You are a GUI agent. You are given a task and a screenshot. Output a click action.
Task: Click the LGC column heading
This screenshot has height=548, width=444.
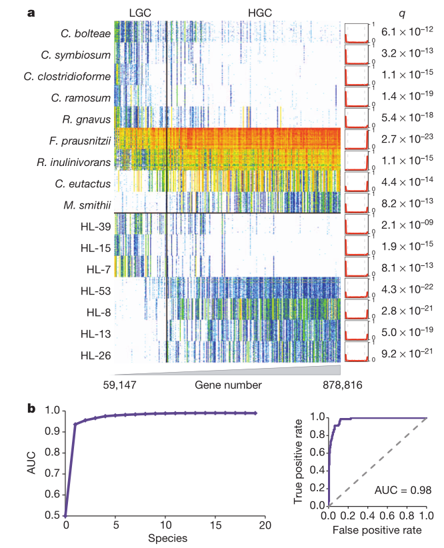click(x=140, y=13)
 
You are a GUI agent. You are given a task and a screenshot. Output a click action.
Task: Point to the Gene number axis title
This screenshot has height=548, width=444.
click(x=228, y=385)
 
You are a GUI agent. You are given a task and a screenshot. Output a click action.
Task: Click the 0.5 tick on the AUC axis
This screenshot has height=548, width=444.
click(x=51, y=515)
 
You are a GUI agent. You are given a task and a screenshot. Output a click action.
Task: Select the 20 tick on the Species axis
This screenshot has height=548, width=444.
click(x=265, y=525)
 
